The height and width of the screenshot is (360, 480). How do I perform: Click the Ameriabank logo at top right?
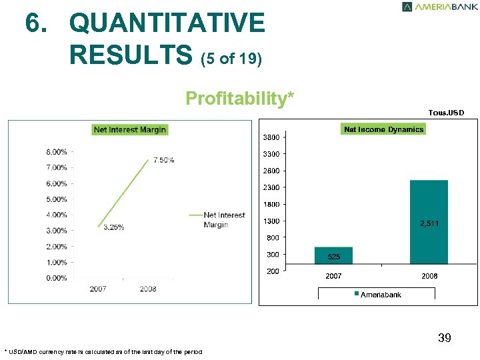tap(439, 7)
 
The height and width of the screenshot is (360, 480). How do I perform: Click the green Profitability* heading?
tap(239, 99)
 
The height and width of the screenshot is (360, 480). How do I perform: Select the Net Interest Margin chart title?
tap(130, 129)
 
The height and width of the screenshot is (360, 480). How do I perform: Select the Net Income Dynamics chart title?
tap(383, 129)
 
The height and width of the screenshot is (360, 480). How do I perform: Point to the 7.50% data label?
tap(163, 160)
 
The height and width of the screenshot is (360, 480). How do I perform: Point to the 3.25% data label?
tap(113, 227)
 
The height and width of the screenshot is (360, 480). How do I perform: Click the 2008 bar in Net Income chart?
tap(429, 221)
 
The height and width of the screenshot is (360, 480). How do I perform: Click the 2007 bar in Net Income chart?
tap(333, 256)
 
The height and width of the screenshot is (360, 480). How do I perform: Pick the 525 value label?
tap(333, 257)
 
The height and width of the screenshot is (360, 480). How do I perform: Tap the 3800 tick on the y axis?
tap(271, 137)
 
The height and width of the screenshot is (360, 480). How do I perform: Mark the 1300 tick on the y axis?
tap(271, 221)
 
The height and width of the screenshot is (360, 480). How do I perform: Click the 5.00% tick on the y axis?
tap(56, 199)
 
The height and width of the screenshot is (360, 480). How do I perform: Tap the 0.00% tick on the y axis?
tap(56, 278)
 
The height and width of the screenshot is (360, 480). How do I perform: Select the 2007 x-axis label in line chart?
tap(98, 289)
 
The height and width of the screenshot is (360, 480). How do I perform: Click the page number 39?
tap(445, 339)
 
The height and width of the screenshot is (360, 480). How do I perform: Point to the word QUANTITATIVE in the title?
tap(167, 23)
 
